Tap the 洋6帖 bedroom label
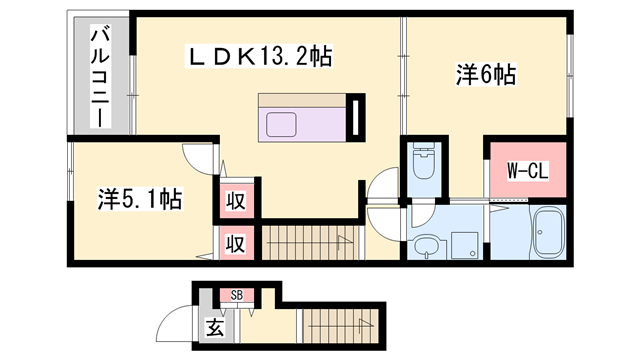point(486,73)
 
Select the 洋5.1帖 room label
point(140,199)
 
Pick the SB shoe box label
point(237,295)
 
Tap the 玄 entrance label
point(214,327)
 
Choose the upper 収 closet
point(235,199)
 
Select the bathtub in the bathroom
point(547,233)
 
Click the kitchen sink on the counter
point(281,126)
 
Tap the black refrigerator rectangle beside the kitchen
point(354,116)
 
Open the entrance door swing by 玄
point(178,327)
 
